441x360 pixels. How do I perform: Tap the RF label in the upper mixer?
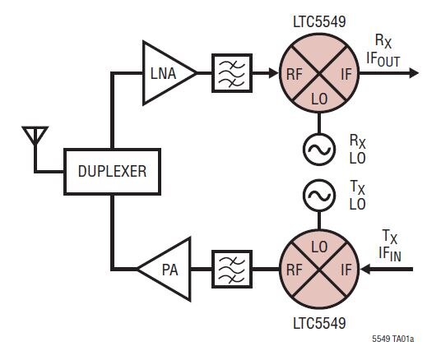295,74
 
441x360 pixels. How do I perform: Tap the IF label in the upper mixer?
346,74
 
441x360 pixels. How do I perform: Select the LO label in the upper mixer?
319,99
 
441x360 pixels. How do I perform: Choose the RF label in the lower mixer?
295,270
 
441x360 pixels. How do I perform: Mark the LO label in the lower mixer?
319,247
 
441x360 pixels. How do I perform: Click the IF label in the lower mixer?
346,270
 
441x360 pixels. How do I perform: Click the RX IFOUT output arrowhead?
414,73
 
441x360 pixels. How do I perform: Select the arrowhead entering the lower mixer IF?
365,270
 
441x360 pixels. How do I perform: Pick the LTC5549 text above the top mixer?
319,22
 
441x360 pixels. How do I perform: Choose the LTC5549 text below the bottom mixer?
319,323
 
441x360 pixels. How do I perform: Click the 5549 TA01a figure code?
393,339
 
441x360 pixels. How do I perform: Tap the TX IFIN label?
390,246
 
